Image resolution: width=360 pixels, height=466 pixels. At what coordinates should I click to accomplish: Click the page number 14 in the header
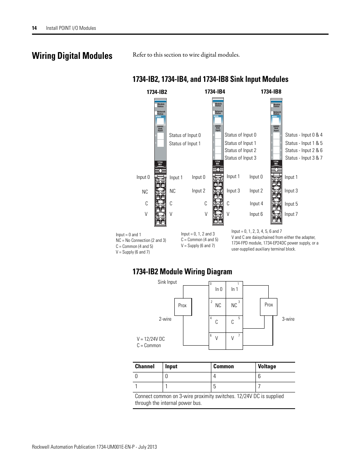pyautogui.click(x=34, y=28)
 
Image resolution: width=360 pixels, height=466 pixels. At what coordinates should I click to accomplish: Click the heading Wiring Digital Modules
pyautogui.click(x=72, y=56)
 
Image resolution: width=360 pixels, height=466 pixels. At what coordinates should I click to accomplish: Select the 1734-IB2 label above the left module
pyautogui.click(x=157, y=92)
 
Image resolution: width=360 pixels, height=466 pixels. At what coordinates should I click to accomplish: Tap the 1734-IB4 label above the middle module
pyautogui.click(x=215, y=92)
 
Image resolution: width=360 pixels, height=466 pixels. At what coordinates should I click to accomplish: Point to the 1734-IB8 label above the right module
pyautogui.click(x=271, y=92)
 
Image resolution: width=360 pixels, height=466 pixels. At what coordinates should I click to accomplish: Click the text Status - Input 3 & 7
pyautogui.click(x=304, y=158)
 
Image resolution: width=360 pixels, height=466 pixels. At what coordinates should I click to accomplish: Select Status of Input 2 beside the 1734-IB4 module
pyautogui.click(x=240, y=150)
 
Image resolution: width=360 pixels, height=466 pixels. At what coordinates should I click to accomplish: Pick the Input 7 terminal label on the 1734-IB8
pyautogui.click(x=291, y=214)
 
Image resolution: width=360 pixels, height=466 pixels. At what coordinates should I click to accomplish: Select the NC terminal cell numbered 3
pyautogui.click(x=234, y=306)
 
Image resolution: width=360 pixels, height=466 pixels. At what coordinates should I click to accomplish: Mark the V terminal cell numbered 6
pyautogui.click(x=217, y=338)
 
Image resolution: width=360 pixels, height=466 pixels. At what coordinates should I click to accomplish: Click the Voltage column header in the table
pyautogui.click(x=267, y=366)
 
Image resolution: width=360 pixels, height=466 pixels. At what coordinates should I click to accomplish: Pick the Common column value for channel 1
pyautogui.click(x=215, y=386)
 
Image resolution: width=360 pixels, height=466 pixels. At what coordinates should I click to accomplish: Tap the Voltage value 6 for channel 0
pyautogui.click(x=259, y=376)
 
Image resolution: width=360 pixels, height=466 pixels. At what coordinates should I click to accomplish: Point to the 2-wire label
pyautogui.click(x=165, y=319)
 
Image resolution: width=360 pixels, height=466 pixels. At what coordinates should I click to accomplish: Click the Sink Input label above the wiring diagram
pyautogui.click(x=167, y=282)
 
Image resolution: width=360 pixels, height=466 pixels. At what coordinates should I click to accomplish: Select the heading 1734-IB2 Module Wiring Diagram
pyautogui.click(x=182, y=272)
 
